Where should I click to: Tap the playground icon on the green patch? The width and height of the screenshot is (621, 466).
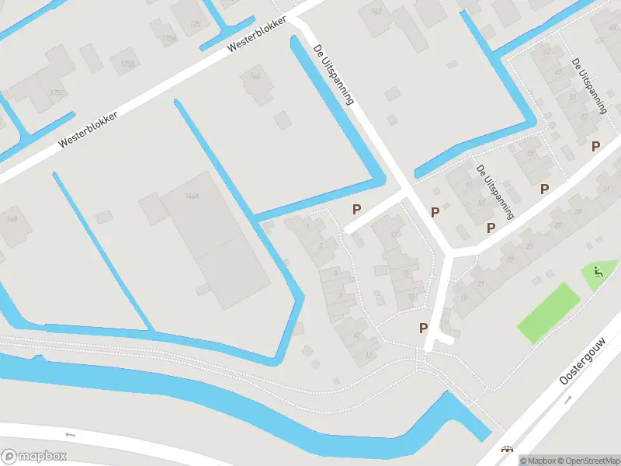click(597, 272)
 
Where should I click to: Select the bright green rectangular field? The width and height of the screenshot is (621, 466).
click(549, 311)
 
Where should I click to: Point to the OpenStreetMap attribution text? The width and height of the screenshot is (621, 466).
click(586, 461)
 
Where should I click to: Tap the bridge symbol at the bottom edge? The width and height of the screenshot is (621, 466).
click(508, 449)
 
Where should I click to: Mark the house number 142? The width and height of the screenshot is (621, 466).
click(377, 11)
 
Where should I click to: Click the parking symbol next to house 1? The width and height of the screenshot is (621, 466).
click(357, 208)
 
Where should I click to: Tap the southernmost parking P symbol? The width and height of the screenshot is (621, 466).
click(424, 328)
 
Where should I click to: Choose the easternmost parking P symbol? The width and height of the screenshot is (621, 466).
click(596, 146)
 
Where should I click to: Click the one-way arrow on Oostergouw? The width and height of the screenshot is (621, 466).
click(568, 399)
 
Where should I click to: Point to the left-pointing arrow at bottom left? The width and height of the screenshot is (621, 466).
click(71, 434)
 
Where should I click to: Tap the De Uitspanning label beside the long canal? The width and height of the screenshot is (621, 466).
click(333, 73)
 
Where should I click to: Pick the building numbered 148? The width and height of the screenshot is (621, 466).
click(12, 220)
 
